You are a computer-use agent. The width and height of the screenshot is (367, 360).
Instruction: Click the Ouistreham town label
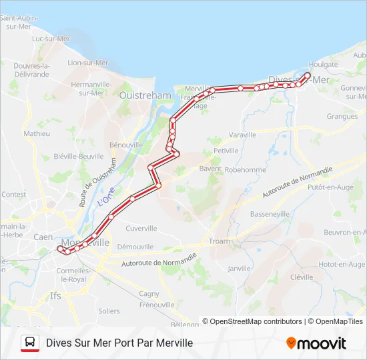(x=145, y=95)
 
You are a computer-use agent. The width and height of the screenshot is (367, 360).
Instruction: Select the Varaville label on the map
(x=242, y=135)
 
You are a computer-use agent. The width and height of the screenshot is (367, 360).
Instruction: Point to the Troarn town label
(x=219, y=241)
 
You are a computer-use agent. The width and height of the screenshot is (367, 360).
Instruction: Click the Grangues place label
(x=342, y=116)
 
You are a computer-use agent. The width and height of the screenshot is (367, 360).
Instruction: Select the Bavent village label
(x=210, y=169)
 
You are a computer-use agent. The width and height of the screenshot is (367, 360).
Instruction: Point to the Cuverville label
(x=141, y=228)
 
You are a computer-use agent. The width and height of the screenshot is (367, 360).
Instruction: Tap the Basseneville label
(x=270, y=214)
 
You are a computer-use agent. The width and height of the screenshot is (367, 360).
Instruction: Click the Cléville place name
(x=302, y=277)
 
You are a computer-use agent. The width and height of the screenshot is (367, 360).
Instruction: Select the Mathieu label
(x=37, y=133)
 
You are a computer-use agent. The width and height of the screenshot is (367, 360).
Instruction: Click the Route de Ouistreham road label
(x=97, y=181)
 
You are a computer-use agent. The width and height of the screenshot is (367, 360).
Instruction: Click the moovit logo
(x=316, y=343)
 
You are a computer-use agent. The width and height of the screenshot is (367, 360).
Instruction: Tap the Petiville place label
(x=226, y=151)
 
